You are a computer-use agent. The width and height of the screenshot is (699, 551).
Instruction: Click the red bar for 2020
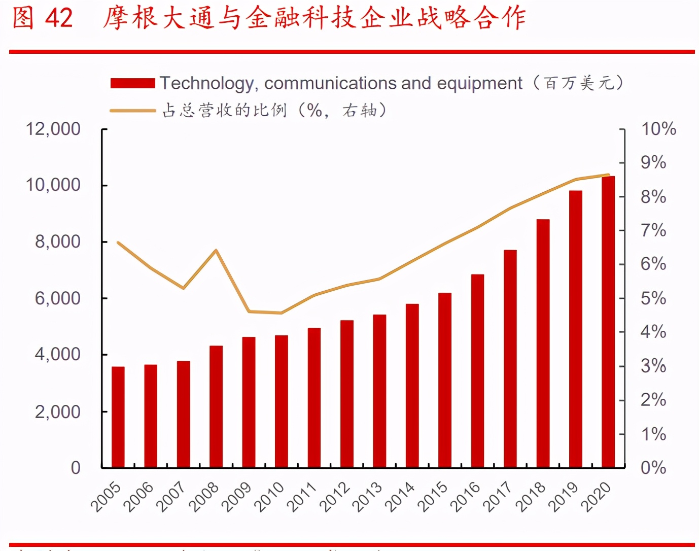tap(608, 322)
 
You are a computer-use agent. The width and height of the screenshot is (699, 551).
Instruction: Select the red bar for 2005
tap(118, 417)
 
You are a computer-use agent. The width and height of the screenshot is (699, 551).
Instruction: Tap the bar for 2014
tap(412, 386)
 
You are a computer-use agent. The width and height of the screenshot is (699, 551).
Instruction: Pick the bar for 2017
tap(510, 358)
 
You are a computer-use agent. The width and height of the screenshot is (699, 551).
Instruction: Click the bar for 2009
tap(249, 402)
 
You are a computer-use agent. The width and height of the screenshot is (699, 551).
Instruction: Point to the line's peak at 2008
tap(216, 250)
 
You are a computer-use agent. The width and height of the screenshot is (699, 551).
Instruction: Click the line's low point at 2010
tap(281, 313)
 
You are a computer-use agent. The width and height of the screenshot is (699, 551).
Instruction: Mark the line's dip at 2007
tap(183, 288)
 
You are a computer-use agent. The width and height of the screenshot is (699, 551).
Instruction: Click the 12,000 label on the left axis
tap(53, 129)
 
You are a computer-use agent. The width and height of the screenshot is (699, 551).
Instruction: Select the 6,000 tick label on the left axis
tap(57, 298)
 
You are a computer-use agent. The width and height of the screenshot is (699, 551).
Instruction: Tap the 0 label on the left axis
tap(76, 467)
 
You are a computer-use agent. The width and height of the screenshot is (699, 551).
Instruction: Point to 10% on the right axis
tap(658, 129)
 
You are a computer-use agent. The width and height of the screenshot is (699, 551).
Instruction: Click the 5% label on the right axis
tap(653, 298)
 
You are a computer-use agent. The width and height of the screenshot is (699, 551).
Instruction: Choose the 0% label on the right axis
tap(653, 467)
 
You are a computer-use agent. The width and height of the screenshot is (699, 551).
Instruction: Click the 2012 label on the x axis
tap(335, 496)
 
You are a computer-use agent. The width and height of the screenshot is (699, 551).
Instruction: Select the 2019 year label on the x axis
tap(564, 496)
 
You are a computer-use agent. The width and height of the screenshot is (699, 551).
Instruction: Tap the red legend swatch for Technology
tap(133, 83)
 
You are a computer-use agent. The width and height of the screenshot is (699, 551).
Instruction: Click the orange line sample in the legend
tap(133, 110)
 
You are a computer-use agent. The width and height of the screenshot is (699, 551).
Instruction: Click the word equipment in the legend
tap(479, 83)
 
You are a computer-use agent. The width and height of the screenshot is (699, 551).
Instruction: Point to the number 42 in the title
tap(59, 18)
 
